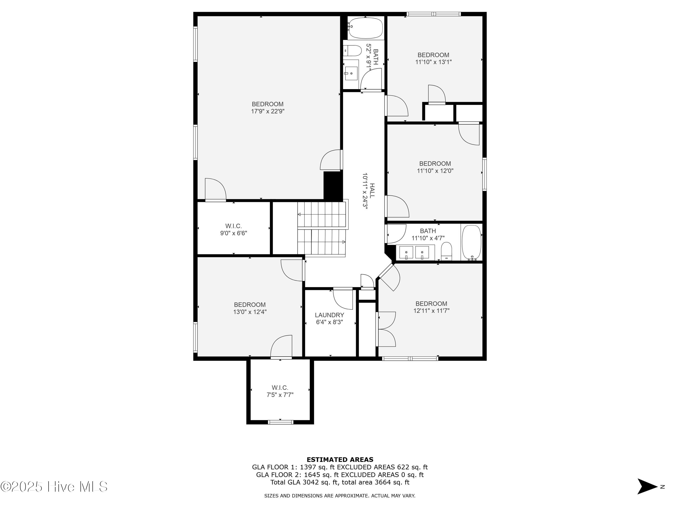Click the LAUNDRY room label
point(329,315)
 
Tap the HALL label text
point(372,191)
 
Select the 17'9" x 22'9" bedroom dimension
point(267,111)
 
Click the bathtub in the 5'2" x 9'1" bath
point(366,28)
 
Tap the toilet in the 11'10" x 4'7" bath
point(446,251)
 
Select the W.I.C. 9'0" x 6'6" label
point(234,230)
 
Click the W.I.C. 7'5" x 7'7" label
point(280,391)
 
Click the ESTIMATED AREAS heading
point(340,460)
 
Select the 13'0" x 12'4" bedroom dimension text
point(250,312)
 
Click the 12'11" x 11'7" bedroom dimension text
point(431,311)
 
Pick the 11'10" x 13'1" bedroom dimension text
point(433,62)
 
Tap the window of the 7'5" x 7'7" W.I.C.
point(280,422)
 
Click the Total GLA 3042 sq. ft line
point(340,482)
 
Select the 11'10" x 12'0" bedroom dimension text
point(435,171)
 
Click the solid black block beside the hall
point(333,186)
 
